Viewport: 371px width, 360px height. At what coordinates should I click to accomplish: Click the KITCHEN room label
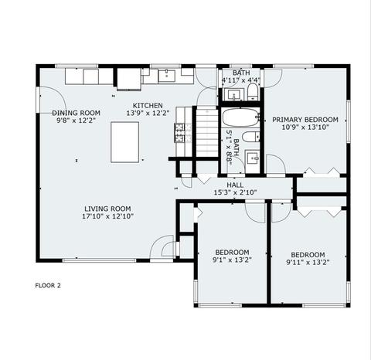pos(148,106)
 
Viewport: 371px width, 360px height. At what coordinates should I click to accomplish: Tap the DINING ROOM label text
pos(77,113)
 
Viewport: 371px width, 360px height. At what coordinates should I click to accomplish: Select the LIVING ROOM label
pos(107,209)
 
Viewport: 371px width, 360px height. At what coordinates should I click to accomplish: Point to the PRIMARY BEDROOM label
pos(305,120)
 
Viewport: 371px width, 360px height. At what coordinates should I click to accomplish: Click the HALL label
pos(235,185)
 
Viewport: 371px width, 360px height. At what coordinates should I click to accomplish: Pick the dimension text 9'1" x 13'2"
pos(232,260)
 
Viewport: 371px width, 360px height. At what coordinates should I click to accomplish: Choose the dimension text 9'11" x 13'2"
pos(308,262)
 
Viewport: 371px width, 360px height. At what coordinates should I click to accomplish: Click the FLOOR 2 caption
pos(48,285)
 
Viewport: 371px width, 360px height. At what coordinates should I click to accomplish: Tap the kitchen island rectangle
pos(125,142)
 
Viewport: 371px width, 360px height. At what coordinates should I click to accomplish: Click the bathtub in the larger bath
pos(241,117)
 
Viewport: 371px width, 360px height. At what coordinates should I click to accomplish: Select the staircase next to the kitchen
pos(207,133)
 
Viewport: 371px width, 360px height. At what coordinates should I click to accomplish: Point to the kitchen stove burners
pos(179,133)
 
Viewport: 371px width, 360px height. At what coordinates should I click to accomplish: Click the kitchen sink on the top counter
pos(167,76)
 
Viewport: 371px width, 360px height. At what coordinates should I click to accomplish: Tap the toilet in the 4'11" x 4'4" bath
pos(253,92)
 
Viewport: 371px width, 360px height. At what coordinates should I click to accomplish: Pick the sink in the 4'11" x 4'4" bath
pos(233,94)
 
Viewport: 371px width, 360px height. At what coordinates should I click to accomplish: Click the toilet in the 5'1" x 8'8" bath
pos(251,137)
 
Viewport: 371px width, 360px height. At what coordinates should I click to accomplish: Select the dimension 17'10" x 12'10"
pos(107,216)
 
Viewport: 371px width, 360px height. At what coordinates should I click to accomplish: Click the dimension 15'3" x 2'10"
pos(235,192)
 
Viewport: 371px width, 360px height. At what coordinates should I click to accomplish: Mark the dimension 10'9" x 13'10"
pos(305,127)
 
